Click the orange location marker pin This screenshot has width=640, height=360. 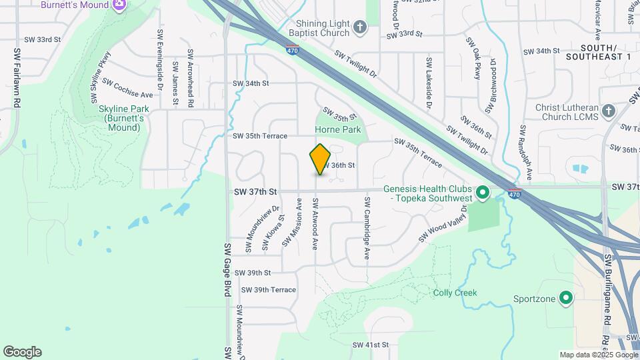320,159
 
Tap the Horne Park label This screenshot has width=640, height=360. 341,130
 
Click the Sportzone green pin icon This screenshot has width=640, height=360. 566,298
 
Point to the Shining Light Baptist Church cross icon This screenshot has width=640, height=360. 360,27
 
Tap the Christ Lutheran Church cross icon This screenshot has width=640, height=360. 607,111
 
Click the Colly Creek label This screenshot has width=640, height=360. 455,293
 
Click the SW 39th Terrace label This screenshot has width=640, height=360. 269,290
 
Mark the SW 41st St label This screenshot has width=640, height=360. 370,345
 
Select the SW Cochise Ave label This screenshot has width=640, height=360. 127,89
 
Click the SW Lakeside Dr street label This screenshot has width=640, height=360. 429,84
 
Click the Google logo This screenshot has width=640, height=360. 22,352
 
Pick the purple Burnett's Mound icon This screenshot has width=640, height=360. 120,5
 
